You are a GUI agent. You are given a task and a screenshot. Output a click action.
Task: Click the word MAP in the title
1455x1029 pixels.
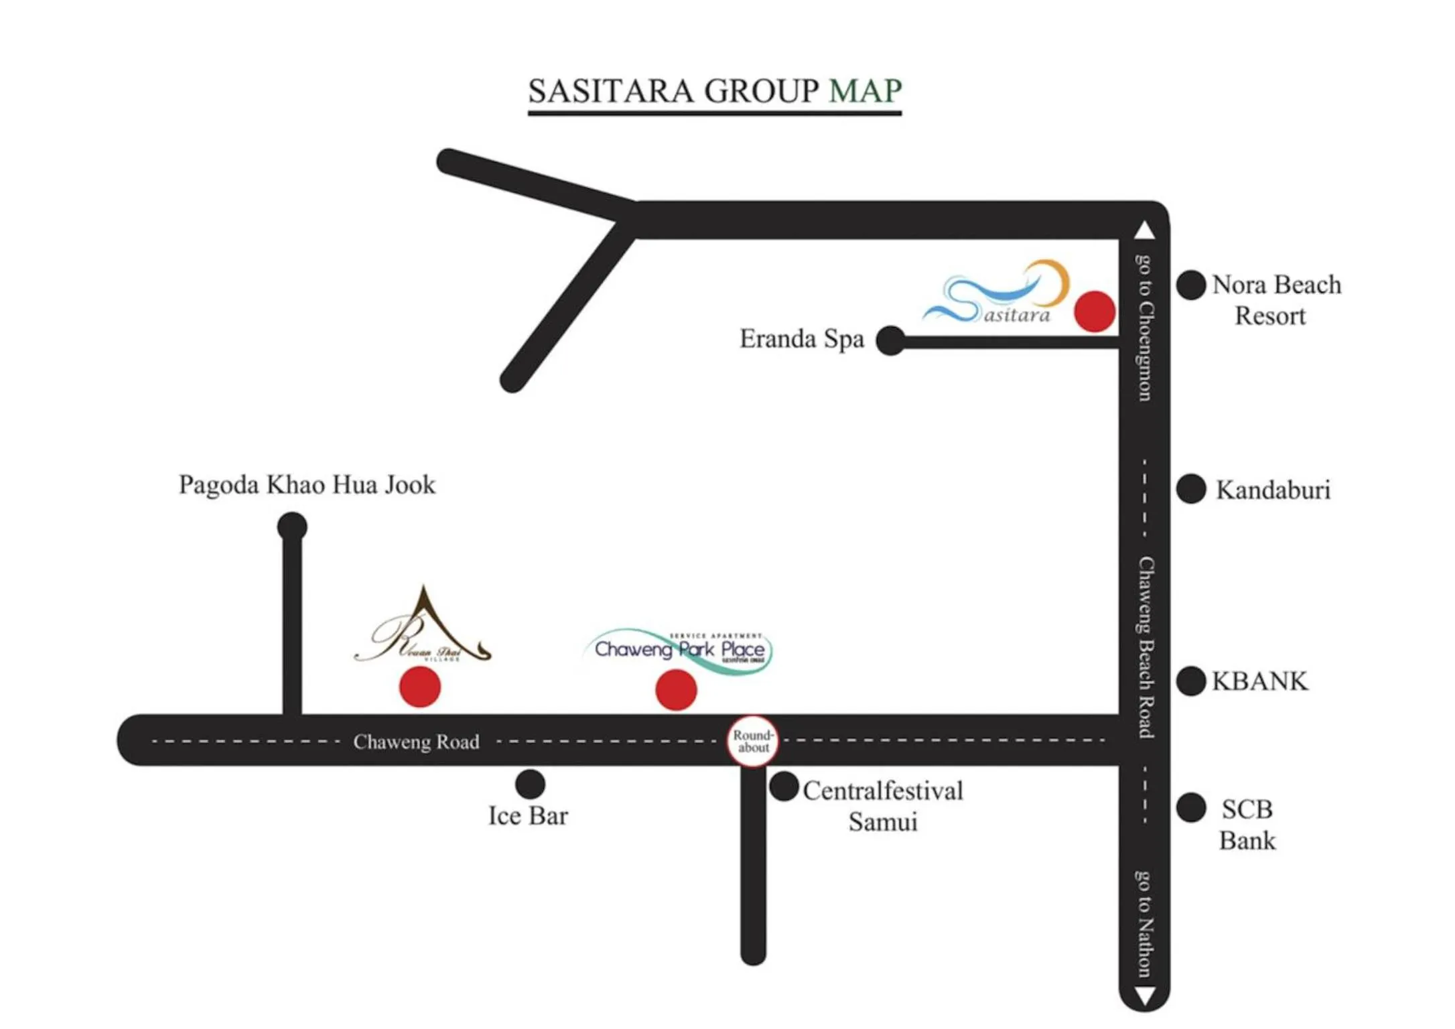point(865,90)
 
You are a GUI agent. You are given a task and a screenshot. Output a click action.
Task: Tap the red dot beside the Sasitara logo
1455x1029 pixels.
point(1095,312)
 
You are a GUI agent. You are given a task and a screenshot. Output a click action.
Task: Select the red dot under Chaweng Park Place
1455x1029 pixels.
point(676,689)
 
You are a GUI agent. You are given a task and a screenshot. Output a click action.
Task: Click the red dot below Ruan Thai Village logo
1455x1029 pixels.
point(420,687)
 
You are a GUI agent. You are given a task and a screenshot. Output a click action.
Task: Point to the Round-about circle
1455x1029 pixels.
point(753,742)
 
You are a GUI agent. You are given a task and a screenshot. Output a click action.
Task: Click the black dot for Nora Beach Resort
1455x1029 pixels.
point(1191,285)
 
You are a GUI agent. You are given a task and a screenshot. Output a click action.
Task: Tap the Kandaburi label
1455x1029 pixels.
point(1273,490)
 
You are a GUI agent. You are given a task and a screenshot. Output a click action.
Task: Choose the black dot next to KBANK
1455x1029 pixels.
point(1191,681)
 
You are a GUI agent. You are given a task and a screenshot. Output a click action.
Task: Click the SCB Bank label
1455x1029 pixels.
point(1247,825)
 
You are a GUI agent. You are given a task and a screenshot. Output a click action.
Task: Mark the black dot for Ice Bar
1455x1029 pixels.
point(530,784)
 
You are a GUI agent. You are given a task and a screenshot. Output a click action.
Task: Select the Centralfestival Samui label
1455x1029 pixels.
point(883,806)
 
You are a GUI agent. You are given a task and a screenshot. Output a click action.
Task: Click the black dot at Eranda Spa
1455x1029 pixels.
point(890,341)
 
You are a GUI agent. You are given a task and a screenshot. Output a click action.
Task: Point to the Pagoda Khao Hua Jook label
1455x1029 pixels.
point(307,484)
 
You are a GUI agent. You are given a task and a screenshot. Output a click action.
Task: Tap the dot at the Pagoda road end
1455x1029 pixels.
point(292,527)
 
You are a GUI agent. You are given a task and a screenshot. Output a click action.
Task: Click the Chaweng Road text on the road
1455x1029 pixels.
point(416,742)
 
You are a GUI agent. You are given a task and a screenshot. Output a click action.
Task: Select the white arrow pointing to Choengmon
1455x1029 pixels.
point(1145,230)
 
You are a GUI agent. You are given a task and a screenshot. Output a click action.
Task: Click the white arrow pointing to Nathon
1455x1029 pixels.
point(1145,996)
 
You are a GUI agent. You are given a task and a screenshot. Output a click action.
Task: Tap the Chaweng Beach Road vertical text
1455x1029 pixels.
point(1146,647)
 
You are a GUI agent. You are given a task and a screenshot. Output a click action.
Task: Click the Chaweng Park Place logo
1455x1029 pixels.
point(679,649)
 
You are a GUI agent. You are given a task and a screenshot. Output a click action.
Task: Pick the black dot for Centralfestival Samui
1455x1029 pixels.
point(784,786)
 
